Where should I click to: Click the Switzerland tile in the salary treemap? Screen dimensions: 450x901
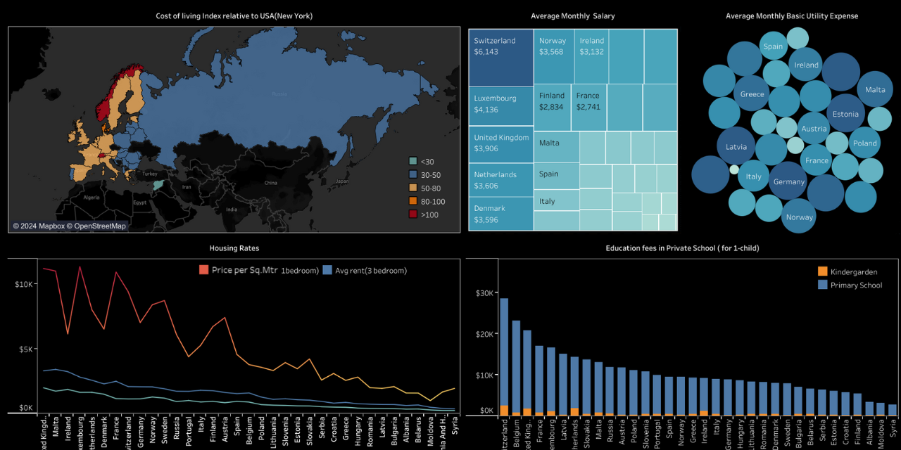coord(500,58)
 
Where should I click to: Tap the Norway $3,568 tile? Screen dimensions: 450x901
coord(553,56)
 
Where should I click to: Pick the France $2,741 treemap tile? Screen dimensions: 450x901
coord(588,105)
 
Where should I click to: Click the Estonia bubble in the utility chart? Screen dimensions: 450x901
coord(845,114)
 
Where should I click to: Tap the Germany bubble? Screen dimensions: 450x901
coord(788,181)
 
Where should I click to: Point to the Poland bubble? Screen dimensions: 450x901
coord(864,143)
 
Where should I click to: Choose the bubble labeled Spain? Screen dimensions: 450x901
coord(773,46)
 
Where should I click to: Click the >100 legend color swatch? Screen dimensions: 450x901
coord(414,214)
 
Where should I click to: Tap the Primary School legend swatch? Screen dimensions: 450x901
coord(823,285)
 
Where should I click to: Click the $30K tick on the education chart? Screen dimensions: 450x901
coord(484,292)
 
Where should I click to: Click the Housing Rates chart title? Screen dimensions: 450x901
coord(234,248)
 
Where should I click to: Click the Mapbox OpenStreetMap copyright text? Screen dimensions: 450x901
coord(69,226)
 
